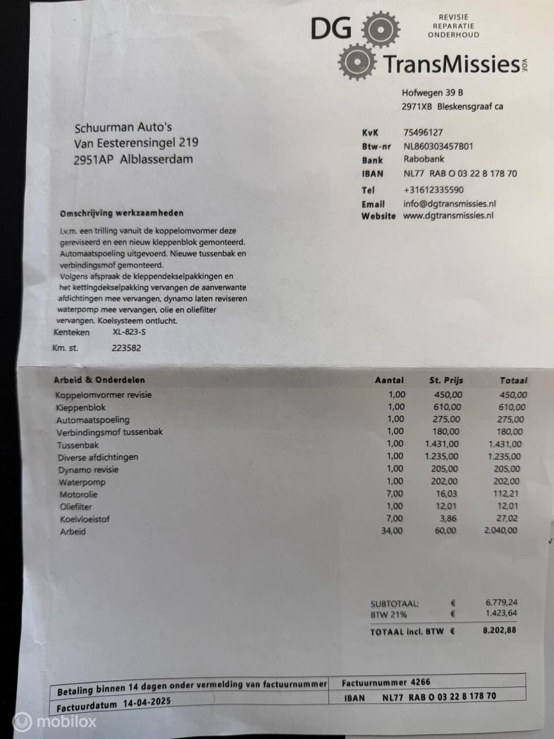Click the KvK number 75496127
coord(423,132)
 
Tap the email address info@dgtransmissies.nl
coord(450,203)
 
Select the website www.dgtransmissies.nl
coord(448,216)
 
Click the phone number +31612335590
coord(433,189)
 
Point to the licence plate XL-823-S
coord(129,332)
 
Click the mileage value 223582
coord(126,348)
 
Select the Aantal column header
coord(390,380)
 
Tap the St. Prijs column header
coord(446,380)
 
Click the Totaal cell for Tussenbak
coord(504,444)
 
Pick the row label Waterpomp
coord(82,482)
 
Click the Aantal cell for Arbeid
coord(392,531)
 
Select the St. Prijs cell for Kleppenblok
coord(447,407)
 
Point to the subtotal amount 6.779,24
coord(501,602)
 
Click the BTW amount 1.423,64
coord(501,613)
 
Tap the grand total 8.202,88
coord(499,630)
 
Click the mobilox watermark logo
coord(55,721)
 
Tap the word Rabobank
coord(424,159)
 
